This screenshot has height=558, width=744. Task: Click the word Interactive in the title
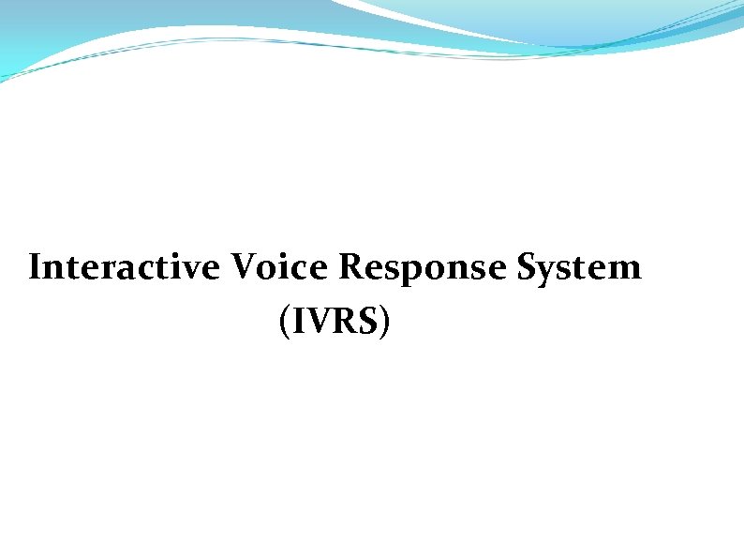124,268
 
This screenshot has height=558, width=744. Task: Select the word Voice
278,268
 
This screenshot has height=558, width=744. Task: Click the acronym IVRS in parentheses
334,322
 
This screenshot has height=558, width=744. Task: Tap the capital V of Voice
242,268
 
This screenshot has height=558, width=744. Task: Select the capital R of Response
351,268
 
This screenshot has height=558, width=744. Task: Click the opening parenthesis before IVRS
284,323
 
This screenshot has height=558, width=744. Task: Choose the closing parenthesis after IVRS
384,323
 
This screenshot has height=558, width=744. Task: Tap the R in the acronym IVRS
345,322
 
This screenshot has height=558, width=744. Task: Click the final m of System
625,271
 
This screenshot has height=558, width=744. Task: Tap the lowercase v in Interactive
193,271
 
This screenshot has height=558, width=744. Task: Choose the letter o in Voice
266,271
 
